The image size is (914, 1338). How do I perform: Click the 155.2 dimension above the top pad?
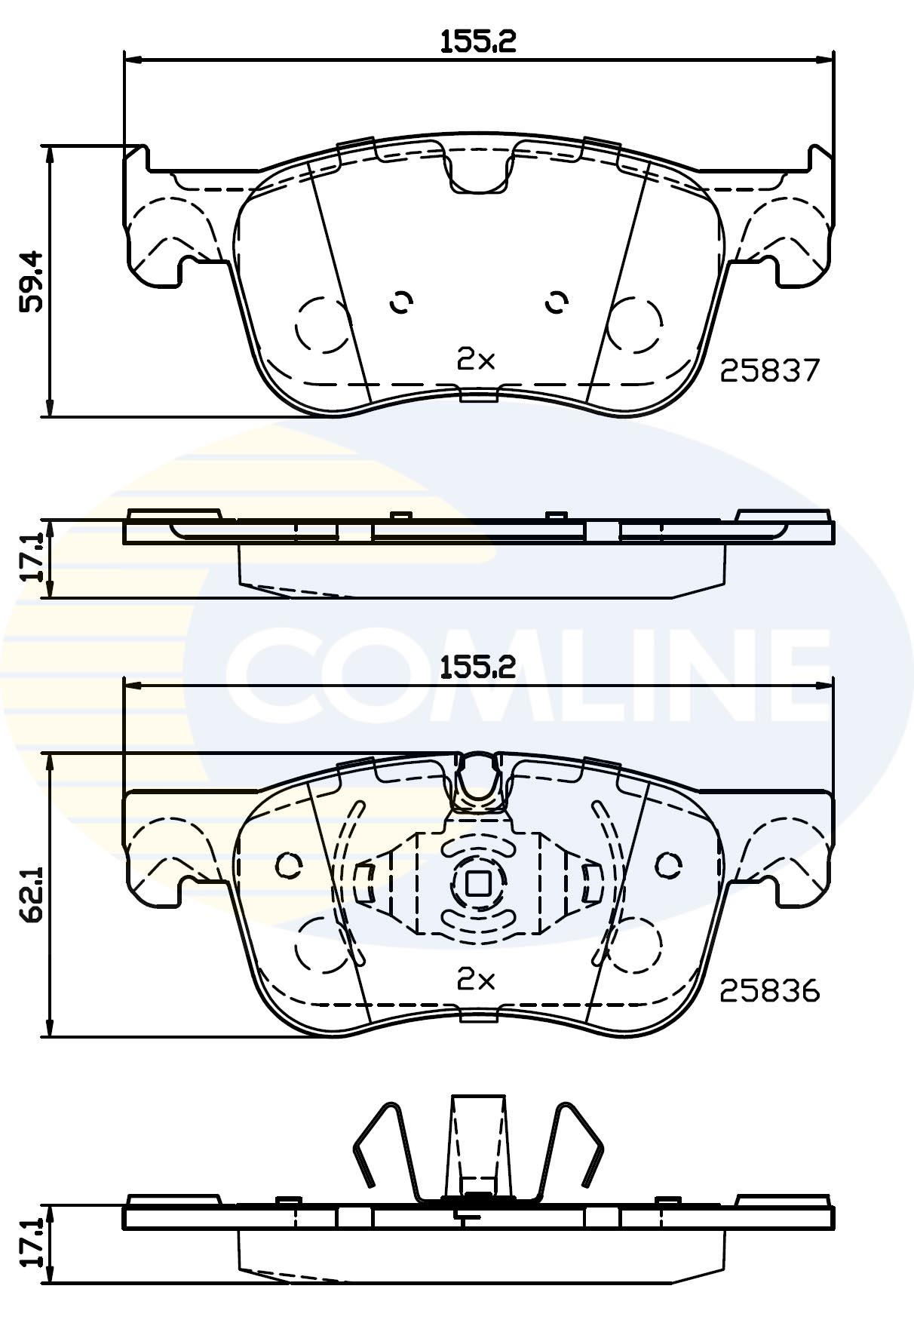coord(478,41)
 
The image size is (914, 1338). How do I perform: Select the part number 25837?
coord(769,370)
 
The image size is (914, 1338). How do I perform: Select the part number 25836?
coord(769,990)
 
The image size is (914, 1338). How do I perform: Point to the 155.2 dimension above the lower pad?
coord(478,667)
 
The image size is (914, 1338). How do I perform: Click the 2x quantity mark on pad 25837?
coord(476,360)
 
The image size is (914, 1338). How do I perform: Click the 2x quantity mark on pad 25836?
coord(476,980)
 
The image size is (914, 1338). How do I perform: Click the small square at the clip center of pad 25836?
coord(477,883)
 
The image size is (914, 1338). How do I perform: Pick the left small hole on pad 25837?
coord(401,302)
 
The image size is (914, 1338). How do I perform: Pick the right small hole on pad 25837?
coord(557,302)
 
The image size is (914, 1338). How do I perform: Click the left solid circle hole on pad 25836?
coord(289,865)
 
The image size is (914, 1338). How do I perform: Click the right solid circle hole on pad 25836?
coord(667,865)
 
